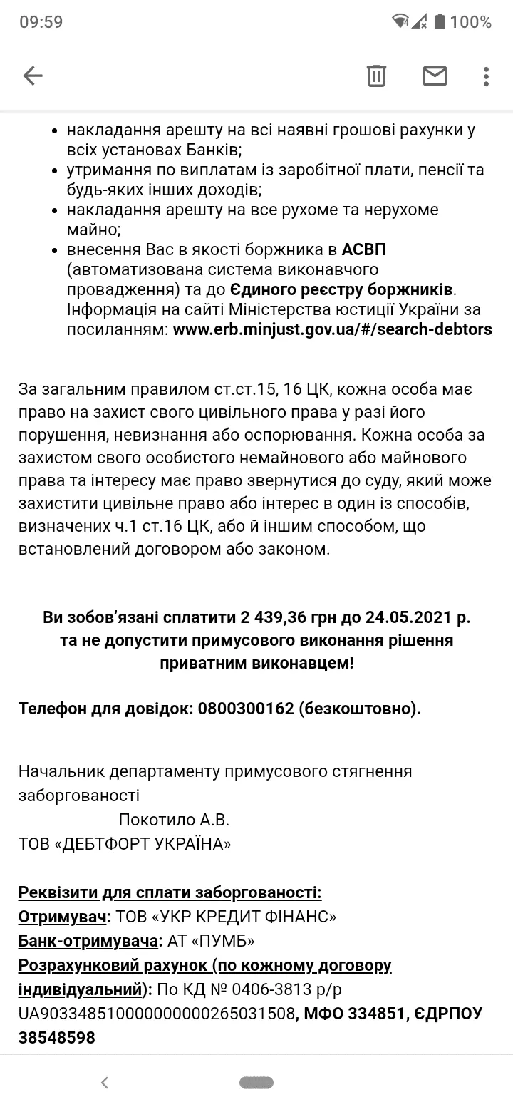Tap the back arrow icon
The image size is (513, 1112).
(x=33, y=76)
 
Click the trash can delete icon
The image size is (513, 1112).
(x=376, y=76)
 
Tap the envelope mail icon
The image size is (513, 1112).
(x=435, y=76)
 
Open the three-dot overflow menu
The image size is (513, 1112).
(x=486, y=76)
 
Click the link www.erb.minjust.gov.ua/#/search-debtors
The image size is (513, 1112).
(x=332, y=330)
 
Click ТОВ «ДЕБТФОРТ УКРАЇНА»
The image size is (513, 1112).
(x=125, y=844)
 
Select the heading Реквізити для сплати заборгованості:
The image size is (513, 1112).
(x=170, y=892)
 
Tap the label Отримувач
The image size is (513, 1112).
(x=63, y=917)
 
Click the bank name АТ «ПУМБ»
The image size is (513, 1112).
(x=212, y=942)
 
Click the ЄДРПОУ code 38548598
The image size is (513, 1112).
(x=57, y=1038)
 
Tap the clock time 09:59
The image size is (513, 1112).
(x=41, y=22)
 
